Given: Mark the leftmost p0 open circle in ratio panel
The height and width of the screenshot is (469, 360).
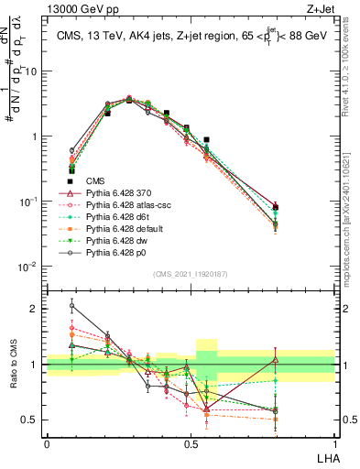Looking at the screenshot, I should point(72,307).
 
